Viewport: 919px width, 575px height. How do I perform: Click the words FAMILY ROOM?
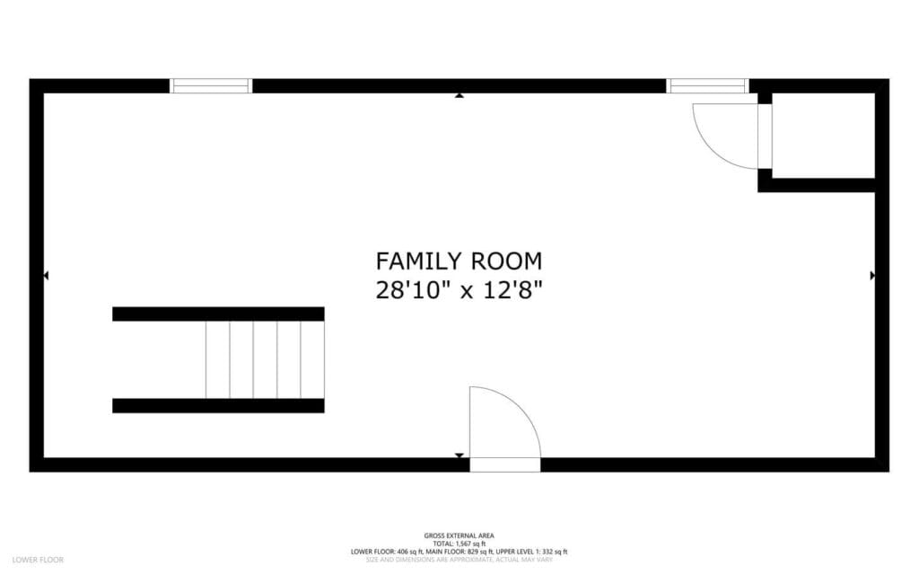pyautogui.click(x=459, y=261)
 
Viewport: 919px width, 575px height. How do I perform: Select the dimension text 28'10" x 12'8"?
pyautogui.click(x=459, y=290)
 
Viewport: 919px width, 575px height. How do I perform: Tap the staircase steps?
pyautogui.click(x=264, y=359)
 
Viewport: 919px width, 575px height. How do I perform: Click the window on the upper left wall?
pyautogui.click(x=211, y=86)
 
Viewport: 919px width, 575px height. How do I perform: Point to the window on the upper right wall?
pyautogui.click(x=707, y=86)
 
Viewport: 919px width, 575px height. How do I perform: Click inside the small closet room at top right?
pyautogui.click(x=823, y=135)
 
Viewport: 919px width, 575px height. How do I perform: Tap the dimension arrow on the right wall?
pyautogui.click(x=872, y=276)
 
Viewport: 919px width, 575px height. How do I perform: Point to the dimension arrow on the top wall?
pyautogui.click(x=459, y=94)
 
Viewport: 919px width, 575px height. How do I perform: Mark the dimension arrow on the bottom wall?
pyautogui.click(x=459, y=456)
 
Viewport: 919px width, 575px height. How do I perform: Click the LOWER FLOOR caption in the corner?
pyautogui.click(x=39, y=560)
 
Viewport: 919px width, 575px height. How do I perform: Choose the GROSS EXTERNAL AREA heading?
pyautogui.click(x=459, y=535)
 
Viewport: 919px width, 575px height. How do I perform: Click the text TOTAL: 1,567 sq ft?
pyautogui.click(x=459, y=544)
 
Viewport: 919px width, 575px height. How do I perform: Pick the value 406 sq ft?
pyautogui.click(x=410, y=552)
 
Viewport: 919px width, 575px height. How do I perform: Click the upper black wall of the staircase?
pyautogui.click(x=218, y=314)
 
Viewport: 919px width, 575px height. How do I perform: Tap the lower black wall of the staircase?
pyautogui.click(x=218, y=406)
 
